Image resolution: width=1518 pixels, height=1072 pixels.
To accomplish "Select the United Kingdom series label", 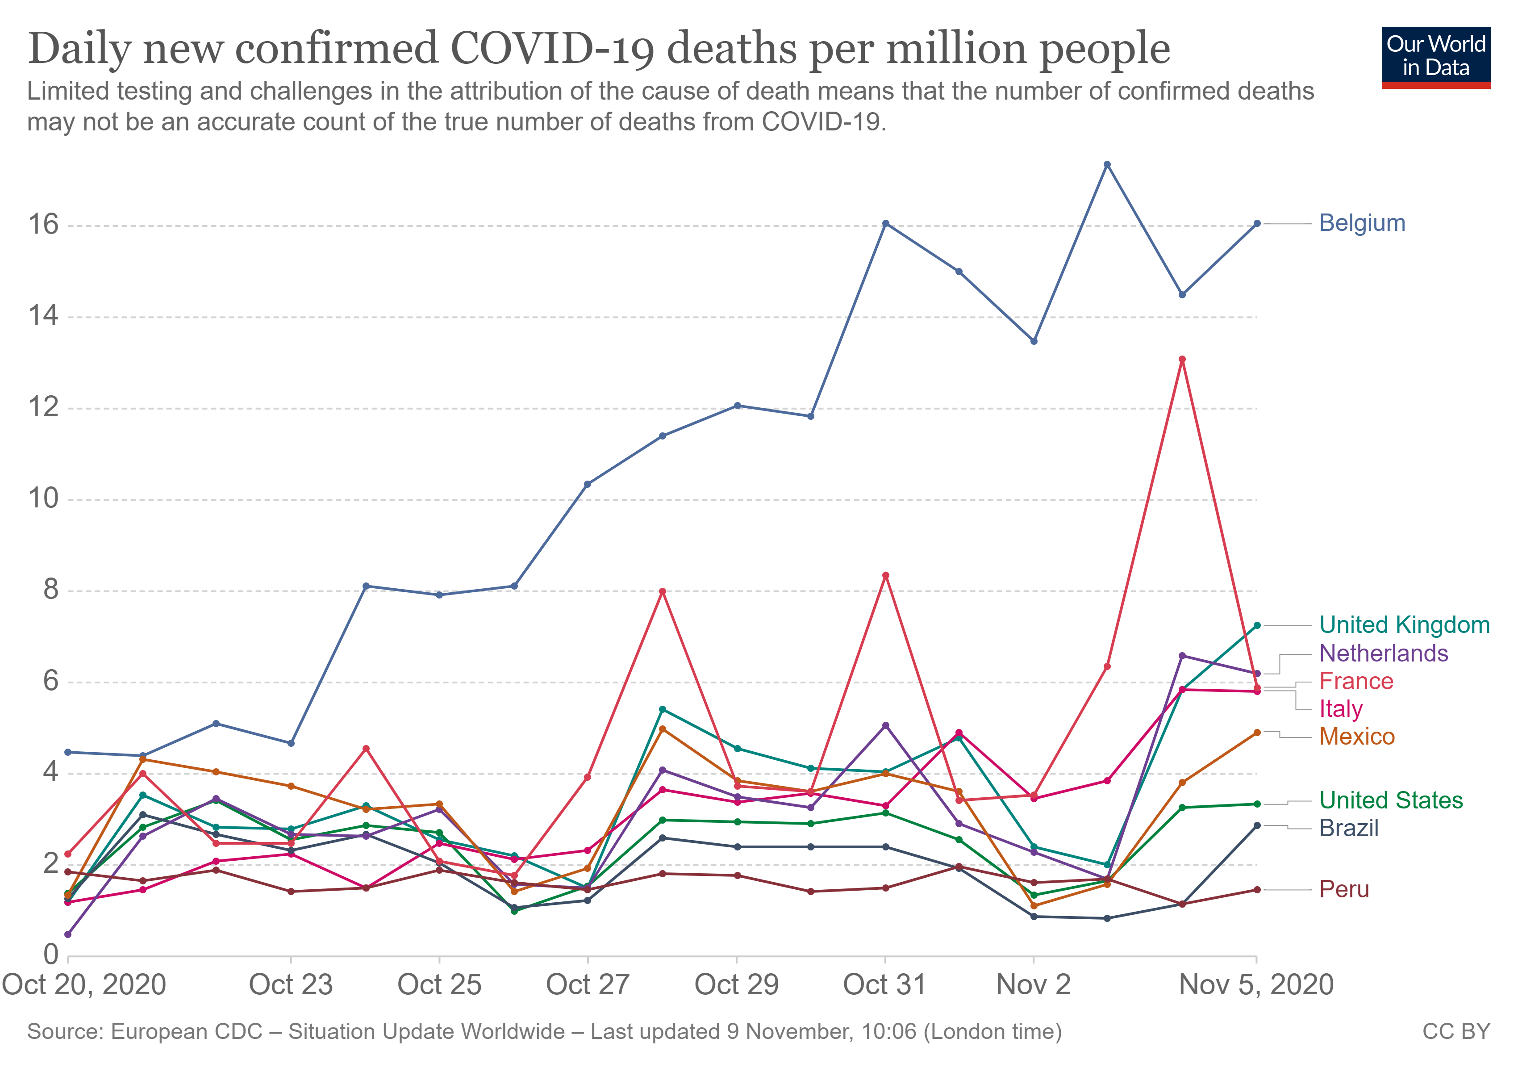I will pos(1404,625).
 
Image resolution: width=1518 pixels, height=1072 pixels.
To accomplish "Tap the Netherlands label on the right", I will pos(1383,653).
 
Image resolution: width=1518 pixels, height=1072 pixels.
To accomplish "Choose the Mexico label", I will pos(1357,737).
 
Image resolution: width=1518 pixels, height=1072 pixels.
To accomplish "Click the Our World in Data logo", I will pos(1435,57).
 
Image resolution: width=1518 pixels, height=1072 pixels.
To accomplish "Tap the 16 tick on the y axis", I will pos(43,225).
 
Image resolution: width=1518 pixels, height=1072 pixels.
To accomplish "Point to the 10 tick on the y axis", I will pos(43,498).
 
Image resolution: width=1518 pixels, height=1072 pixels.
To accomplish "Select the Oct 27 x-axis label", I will pos(587,985).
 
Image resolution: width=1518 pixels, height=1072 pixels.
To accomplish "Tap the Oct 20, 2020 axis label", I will pos(84,985).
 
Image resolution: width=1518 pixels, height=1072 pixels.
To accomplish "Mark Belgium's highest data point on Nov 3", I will pos(1107,165).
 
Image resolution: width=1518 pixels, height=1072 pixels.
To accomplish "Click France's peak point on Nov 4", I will pos(1182,360).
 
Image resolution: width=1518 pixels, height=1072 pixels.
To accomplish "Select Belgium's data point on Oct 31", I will pos(885,223).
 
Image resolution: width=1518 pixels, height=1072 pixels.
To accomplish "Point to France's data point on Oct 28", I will pos(663,591).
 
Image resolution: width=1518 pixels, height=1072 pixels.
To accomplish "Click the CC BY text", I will pos(1456,1032).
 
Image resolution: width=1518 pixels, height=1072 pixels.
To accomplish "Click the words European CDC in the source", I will pos(187,1032).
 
